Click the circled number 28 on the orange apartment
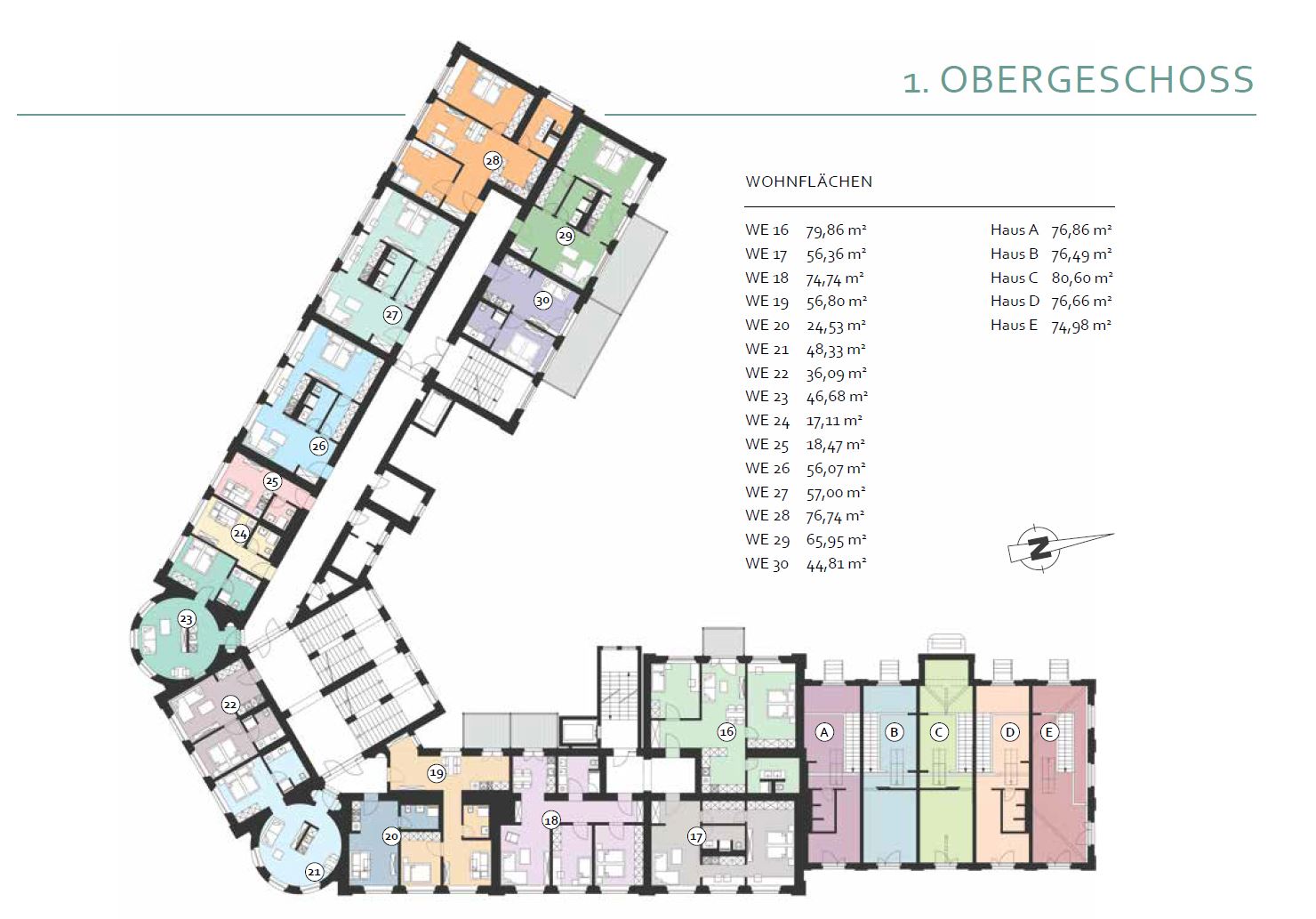(493, 160)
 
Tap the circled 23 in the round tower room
(186, 618)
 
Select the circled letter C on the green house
(939, 732)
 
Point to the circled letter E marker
(1049, 732)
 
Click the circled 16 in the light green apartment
(726, 732)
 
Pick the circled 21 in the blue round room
(314, 871)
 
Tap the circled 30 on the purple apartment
(542, 301)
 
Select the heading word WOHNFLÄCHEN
(808, 181)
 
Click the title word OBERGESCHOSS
(1097, 79)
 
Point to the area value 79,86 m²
(836, 230)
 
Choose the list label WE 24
(767, 421)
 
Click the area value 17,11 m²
(834, 421)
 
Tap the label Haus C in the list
(1015, 278)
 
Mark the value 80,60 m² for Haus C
(1082, 278)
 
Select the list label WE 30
(767, 564)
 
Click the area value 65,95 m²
(837, 540)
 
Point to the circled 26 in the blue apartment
(318, 447)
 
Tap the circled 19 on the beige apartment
(436, 773)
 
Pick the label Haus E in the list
(1014, 325)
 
